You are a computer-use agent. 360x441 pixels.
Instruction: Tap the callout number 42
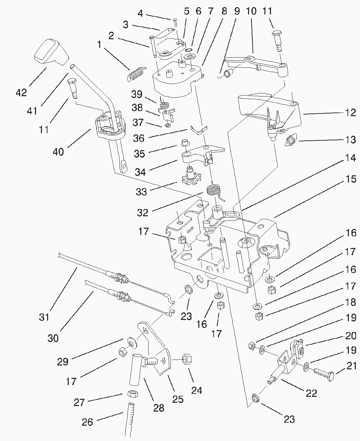(22, 93)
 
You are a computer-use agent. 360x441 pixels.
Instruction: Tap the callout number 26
(87, 422)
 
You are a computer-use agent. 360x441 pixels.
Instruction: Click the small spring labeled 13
(291, 141)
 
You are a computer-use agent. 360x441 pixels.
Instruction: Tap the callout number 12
(350, 113)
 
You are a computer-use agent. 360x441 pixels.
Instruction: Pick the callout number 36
(139, 138)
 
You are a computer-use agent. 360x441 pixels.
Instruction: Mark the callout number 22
(311, 393)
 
